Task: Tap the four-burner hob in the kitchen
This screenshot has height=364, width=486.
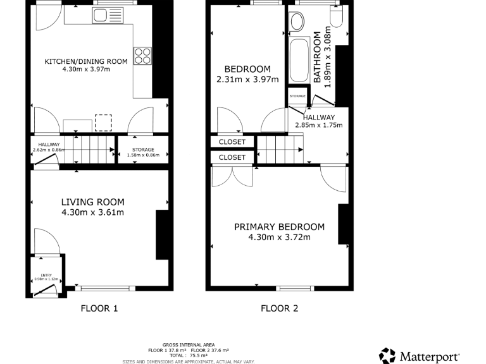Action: (142, 56)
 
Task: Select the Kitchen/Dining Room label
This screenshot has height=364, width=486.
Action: (85, 61)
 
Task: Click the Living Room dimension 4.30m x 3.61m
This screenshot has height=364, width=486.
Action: (92, 212)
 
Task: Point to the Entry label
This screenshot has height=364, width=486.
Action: (46, 275)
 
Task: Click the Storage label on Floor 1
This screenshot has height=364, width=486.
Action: (142, 150)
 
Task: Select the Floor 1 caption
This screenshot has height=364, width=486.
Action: (99, 308)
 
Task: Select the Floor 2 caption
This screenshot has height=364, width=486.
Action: (280, 308)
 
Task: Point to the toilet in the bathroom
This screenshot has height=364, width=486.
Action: (336, 18)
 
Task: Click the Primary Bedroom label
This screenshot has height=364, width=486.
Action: (279, 227)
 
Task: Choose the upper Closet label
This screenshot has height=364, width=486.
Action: (232, 142)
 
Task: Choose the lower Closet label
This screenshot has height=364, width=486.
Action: (232, 157)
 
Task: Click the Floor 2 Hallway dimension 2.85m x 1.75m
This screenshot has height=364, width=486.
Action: (318, 125)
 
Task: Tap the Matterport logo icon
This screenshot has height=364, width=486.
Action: (387, 356)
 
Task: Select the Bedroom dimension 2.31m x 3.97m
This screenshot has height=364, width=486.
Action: (247, 80)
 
